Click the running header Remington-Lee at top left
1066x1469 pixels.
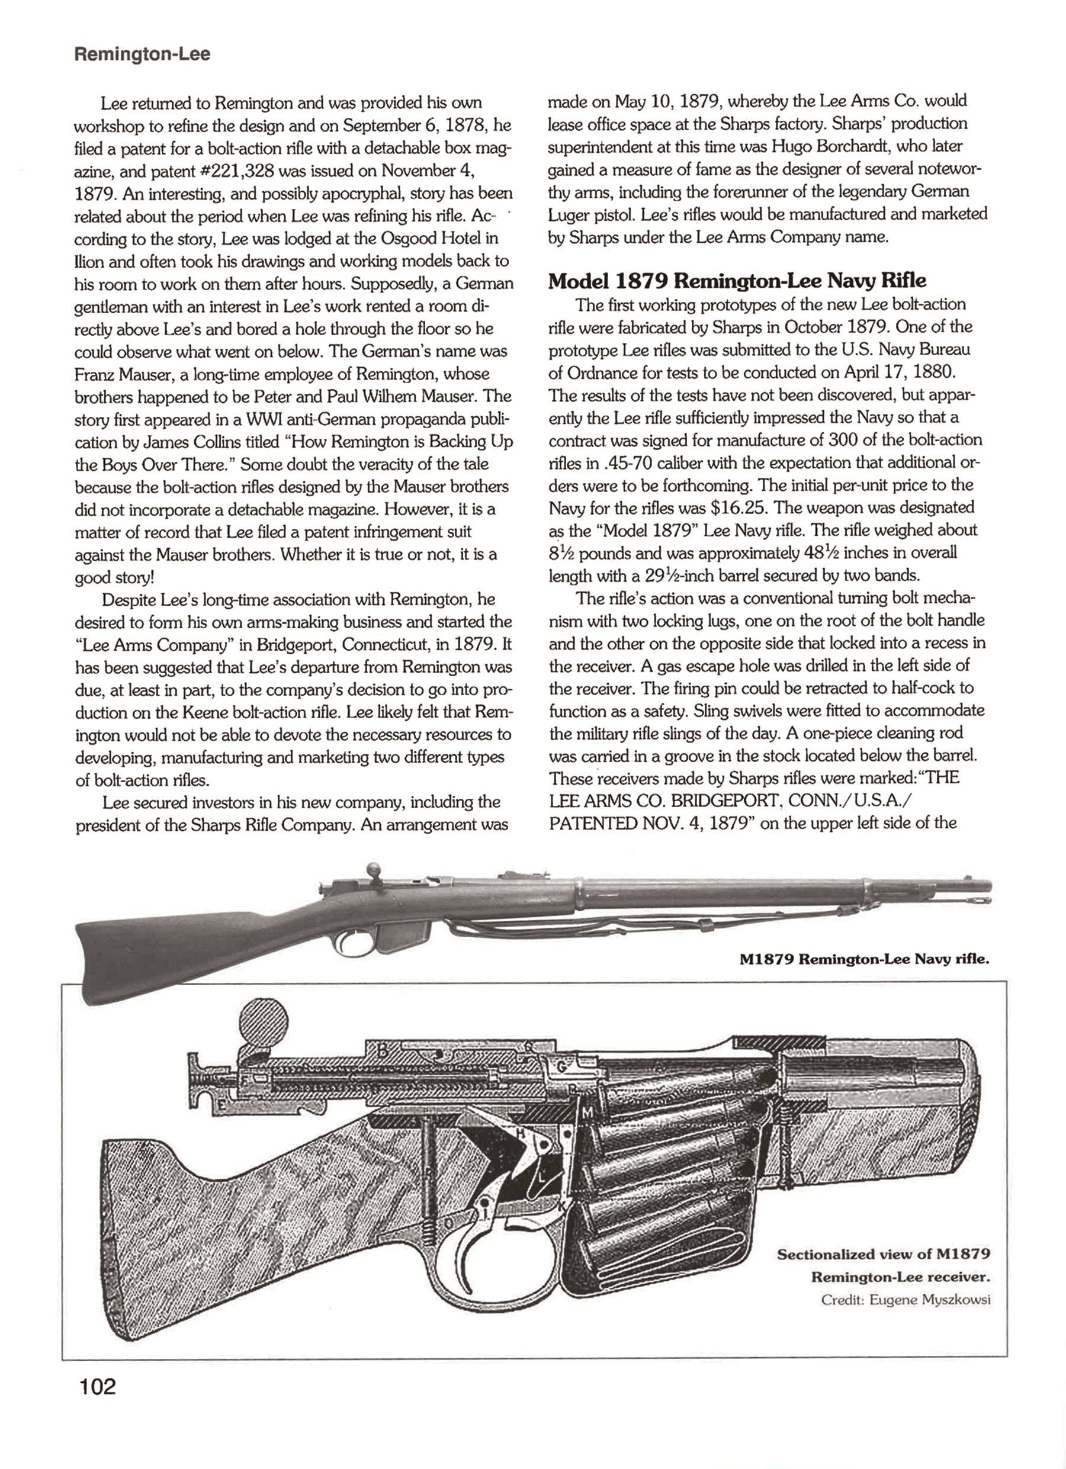(143, 54)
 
